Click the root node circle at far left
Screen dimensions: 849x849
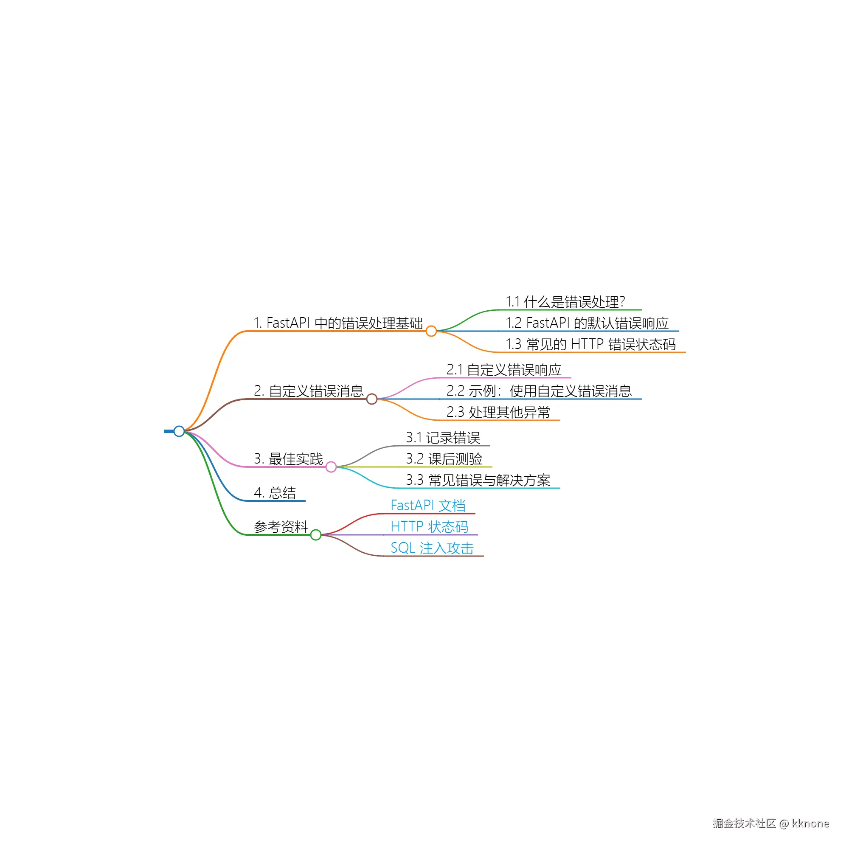(179, 431)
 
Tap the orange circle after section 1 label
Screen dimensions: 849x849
(431, 331)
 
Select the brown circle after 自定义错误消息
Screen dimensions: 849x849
(372, 399)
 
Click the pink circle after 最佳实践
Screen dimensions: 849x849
(331, 467)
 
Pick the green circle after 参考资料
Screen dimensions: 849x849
(315, 535)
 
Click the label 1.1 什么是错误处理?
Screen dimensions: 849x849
(565, 302)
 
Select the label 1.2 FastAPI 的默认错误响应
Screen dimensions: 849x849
(587, 323)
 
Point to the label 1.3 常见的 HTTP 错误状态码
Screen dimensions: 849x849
(590, 344)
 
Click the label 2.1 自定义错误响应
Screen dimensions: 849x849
(504, 370)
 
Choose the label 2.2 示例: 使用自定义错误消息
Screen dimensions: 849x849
(539, 391)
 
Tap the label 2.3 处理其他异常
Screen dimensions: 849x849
(498, 412)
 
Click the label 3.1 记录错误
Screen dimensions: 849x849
(443, 438)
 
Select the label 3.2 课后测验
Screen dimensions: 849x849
(444, 459)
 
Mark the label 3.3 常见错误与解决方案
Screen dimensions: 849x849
(478, 480)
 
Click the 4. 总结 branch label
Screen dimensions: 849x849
(275, 492)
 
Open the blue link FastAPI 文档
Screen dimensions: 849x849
(428, 505)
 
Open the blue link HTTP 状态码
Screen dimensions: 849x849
(429, 526)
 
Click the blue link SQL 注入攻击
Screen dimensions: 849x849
(432, 548)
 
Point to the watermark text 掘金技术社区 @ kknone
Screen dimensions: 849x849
(771, 823)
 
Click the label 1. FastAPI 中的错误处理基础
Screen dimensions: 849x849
(338, 323)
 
